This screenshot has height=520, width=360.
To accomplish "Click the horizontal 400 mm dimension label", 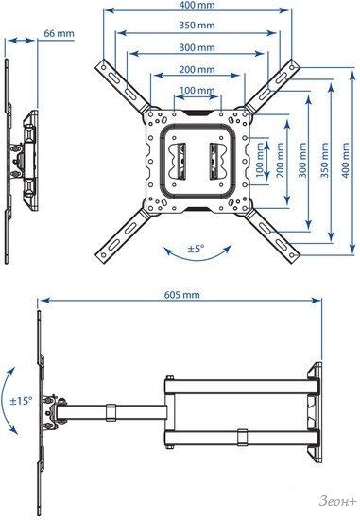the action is [x=197, y=5].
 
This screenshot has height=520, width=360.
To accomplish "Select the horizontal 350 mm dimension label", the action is [x=197, y=26].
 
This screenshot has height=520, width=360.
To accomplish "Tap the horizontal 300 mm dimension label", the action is [x=197, y=47].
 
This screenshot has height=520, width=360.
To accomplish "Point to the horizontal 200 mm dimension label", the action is [x=197, y=70].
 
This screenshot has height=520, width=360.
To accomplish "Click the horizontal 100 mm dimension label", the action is [x=197, y=90].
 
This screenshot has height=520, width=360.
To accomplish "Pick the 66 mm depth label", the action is [x=59, y=33].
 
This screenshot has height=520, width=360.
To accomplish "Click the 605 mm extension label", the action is [x=182, y=294].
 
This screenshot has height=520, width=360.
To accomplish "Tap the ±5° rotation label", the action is [x=197, y=249].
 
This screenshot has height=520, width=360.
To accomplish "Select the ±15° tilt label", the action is [x=21, y=401].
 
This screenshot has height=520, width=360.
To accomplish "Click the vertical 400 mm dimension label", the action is [x=346, y=160].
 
